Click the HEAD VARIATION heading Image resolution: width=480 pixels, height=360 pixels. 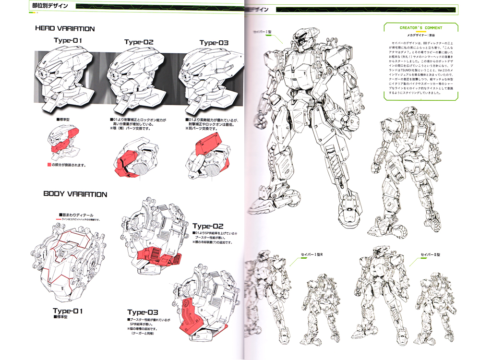[x=65, y=29]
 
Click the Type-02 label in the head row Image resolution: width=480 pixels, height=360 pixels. [x=138, y=42]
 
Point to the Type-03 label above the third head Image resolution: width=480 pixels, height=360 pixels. [x=214, y=43]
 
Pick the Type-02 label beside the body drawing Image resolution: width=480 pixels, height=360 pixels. [x=208, y=226]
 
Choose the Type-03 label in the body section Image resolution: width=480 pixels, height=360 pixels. [x=143, y=312]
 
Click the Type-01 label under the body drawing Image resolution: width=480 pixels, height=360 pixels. [x=68, y=311]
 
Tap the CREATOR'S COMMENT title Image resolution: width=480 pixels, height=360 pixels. [x=420, y=28]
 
